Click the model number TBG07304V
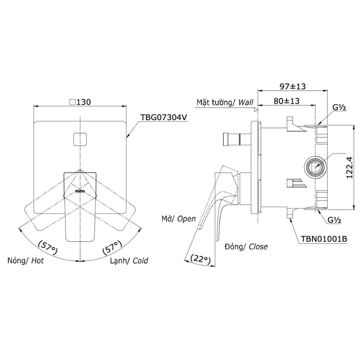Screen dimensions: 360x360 pos(164,117)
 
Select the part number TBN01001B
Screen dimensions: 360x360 pos(324,239)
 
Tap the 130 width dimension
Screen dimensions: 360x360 pos(80,102)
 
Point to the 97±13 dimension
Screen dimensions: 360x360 pos(292,86)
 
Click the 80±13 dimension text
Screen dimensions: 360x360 pos(286,101)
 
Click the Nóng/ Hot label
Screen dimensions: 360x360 pos(26,261)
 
